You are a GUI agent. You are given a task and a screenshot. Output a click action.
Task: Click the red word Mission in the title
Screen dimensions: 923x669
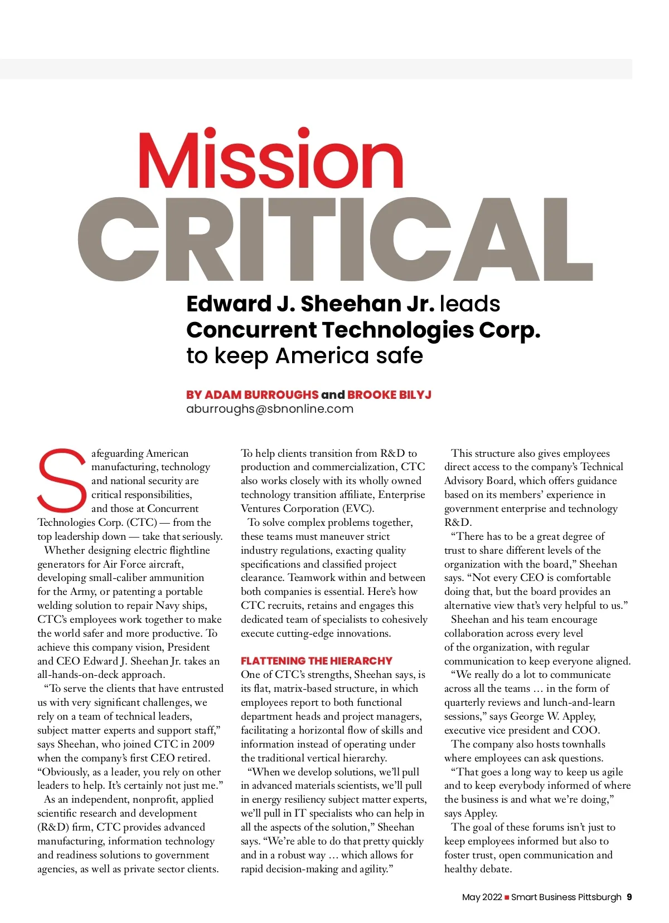[270, 159]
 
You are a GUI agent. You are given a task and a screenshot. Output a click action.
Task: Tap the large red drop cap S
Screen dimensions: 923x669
[62, 480]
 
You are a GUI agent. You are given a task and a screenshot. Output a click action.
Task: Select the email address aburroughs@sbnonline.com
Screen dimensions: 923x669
[270, 409]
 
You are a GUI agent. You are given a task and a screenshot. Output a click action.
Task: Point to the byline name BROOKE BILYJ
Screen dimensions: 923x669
[389, 394]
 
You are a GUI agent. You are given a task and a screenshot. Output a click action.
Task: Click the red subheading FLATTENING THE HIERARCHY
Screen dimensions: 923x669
[316, 661]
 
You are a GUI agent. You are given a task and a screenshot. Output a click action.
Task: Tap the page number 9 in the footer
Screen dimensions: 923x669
[629, 897]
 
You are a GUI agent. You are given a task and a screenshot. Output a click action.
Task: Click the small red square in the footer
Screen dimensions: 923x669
[507, 897]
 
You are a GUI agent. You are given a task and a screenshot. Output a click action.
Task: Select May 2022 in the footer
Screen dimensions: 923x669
[482, 897]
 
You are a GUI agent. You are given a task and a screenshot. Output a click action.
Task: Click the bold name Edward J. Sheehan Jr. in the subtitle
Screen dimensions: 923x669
[310, 304]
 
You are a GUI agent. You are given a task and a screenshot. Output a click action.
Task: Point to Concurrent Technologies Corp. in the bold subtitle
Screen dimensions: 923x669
[363, 330]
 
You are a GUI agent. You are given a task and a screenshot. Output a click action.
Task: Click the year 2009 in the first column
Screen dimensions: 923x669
[203, 744]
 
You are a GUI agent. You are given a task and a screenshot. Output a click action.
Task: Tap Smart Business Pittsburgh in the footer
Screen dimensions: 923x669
[566, 897]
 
